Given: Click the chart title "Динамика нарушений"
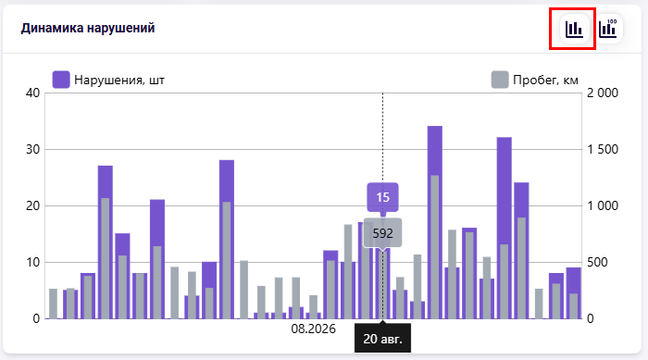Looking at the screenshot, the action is point(88,28).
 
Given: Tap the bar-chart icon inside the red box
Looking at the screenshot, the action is point(574,29).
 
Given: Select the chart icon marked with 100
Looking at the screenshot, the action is point(608,29).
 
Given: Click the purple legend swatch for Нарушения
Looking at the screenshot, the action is point(61,80).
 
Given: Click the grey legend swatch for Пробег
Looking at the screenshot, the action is point(500,80).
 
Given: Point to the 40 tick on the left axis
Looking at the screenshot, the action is point(32,93).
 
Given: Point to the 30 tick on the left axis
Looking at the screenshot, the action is point(32,149).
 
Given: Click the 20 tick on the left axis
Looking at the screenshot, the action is point(32,205).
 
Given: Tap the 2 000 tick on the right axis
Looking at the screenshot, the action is point(603,93).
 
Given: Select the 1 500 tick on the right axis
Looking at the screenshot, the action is point(603,149).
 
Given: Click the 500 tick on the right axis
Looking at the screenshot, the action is point(597,262).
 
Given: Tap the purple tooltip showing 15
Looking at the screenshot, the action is point(382,197).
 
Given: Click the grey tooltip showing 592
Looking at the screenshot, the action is point(382,233).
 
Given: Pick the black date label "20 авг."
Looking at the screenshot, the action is point(382,339).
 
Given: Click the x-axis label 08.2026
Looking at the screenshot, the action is point(313,329).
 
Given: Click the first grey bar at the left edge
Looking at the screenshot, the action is point(54,304).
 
